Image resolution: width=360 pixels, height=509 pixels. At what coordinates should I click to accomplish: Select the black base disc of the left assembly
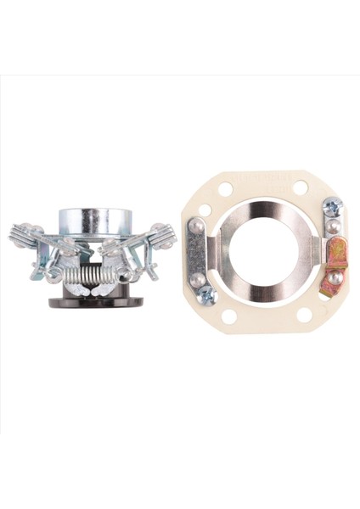95,300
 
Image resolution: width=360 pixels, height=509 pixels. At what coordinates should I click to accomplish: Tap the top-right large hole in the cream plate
301,187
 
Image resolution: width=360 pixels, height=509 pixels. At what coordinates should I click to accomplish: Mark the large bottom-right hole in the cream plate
304,315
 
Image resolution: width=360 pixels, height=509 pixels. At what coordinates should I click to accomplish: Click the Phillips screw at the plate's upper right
331,207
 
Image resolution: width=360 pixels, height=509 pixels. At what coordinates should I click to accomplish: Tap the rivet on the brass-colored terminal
337,277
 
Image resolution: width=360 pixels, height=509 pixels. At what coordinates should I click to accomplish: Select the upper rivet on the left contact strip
197,227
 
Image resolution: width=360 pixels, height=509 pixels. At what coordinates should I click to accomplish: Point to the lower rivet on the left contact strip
197,280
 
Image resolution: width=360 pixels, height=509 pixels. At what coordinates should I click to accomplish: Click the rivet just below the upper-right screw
333,227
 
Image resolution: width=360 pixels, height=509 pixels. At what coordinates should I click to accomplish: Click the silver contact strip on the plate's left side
196,253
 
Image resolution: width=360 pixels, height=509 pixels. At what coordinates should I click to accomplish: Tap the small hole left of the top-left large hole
205,210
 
